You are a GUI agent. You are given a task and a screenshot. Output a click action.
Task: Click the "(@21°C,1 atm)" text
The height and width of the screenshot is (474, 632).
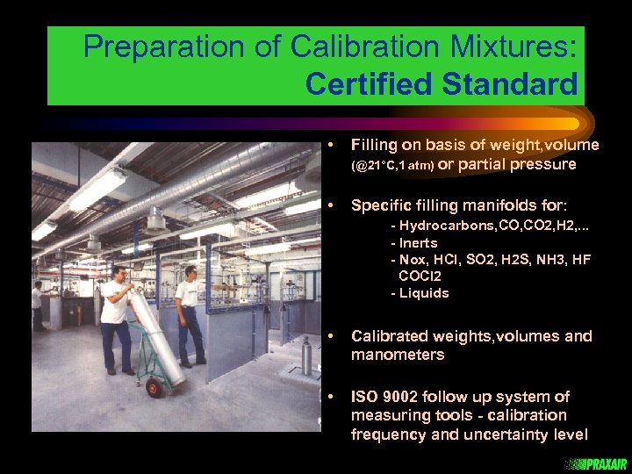click(391, 166)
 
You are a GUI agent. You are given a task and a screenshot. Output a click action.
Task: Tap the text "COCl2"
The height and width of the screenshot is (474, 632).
click(420, 276)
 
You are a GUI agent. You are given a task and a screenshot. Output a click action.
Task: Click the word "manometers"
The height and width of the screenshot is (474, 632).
click(398, 355)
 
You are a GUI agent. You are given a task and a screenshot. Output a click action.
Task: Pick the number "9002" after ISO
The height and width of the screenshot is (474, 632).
click(402, 397)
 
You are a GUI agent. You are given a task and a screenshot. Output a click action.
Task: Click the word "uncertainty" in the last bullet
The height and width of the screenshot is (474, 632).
click(503, 434)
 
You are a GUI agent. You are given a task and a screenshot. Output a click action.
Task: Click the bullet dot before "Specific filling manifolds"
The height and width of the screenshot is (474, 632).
click(330, 205)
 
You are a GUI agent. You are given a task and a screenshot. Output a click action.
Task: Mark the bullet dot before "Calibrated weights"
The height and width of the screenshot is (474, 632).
click(330, 336)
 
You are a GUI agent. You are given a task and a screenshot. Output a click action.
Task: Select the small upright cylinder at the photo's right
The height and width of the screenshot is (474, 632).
click(305, 355)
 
